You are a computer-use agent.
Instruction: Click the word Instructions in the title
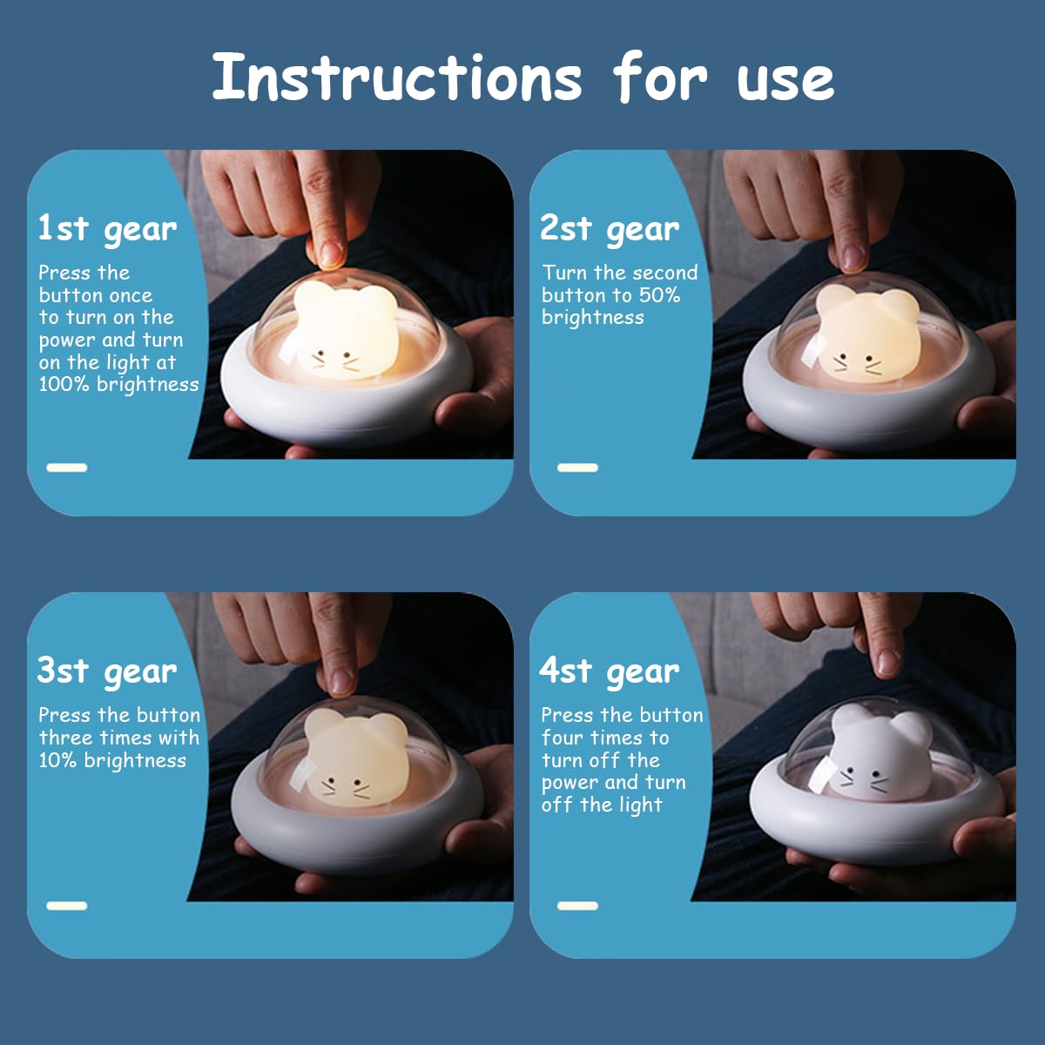[x=397, y=77]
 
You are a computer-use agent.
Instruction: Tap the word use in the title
[x=785, y=82]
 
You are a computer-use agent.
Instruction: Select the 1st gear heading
[x=107, y=229]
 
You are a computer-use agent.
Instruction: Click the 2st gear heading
[x=610, y=229]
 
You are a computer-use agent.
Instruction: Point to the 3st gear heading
[x=107, y=672]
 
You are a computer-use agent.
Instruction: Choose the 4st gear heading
[x=609, y=672]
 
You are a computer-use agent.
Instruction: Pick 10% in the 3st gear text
[x=57, y=760]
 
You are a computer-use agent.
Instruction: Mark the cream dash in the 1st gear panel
[x=67, y=468]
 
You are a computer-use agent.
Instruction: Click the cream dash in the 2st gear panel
[x=577, y=468]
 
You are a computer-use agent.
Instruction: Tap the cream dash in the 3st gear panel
[x=67, y=906]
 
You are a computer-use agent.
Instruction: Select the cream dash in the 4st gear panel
[x=577, y=906]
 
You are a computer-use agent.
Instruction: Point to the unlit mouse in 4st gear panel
[x=880, y=752]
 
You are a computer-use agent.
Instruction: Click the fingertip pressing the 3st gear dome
[x=340, y=682]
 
